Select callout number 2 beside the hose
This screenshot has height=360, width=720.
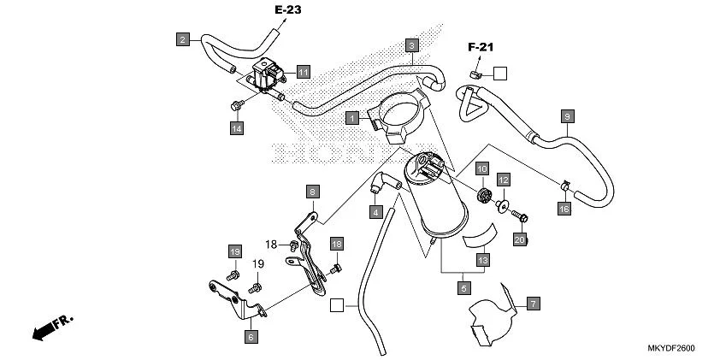[x=182, y=38]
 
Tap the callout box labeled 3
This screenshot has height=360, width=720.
[x=411, y=44]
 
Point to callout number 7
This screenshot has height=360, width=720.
[x=532, y=304]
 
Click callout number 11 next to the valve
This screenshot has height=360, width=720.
[x=303, y=72]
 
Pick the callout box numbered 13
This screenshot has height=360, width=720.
[x=483, y=259]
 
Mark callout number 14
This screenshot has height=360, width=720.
[x=236, y=128]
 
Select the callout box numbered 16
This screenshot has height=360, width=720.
[x=564, y=209]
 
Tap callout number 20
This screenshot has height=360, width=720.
[x=518, y=240]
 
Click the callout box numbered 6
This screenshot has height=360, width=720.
[x=251, y=337]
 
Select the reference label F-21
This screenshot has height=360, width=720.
[x=481, y=47]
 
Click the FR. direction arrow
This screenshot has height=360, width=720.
[x=52, y=327]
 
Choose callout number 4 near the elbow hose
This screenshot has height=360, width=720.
[x=375, y=210]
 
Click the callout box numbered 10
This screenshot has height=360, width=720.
[x=481, y=169]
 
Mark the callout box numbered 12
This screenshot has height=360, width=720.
[x=504, y=180]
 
